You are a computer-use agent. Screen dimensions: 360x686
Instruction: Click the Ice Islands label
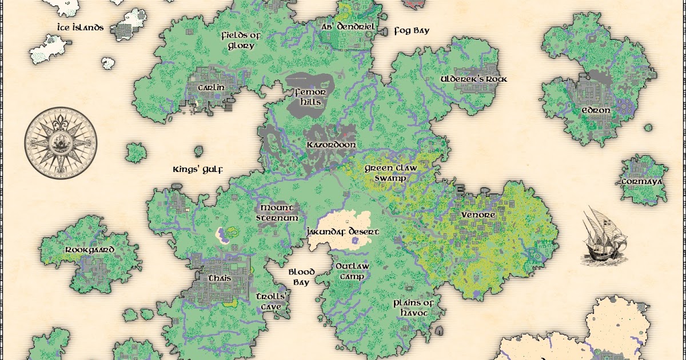[x=80, y=27]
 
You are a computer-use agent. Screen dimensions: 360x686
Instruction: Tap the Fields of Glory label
[x=241, y=41]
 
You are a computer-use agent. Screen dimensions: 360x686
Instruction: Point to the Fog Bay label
[x=412, y=30]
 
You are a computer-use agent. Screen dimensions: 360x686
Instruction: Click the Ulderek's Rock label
[x=474, y=79]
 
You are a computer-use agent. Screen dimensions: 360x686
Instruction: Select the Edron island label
[x=596, y=110]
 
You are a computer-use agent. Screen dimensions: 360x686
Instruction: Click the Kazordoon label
[x=331, y=145]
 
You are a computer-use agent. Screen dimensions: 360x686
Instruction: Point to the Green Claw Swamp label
[x=391, y=173]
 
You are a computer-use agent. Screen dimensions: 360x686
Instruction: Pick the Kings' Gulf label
[x=197, y=169]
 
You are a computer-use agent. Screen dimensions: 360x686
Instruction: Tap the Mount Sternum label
[x=277, y=213]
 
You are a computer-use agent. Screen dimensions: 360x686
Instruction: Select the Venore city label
[x=478, y=214]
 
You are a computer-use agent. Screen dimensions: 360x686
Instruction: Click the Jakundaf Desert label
[x=342, y=232]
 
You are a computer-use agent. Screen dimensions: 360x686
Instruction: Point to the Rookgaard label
[x=90, y=250]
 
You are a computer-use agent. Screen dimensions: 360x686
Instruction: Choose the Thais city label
[x=204, y=278]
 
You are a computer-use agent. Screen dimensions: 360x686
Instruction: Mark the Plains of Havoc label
[x=414, y=307]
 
